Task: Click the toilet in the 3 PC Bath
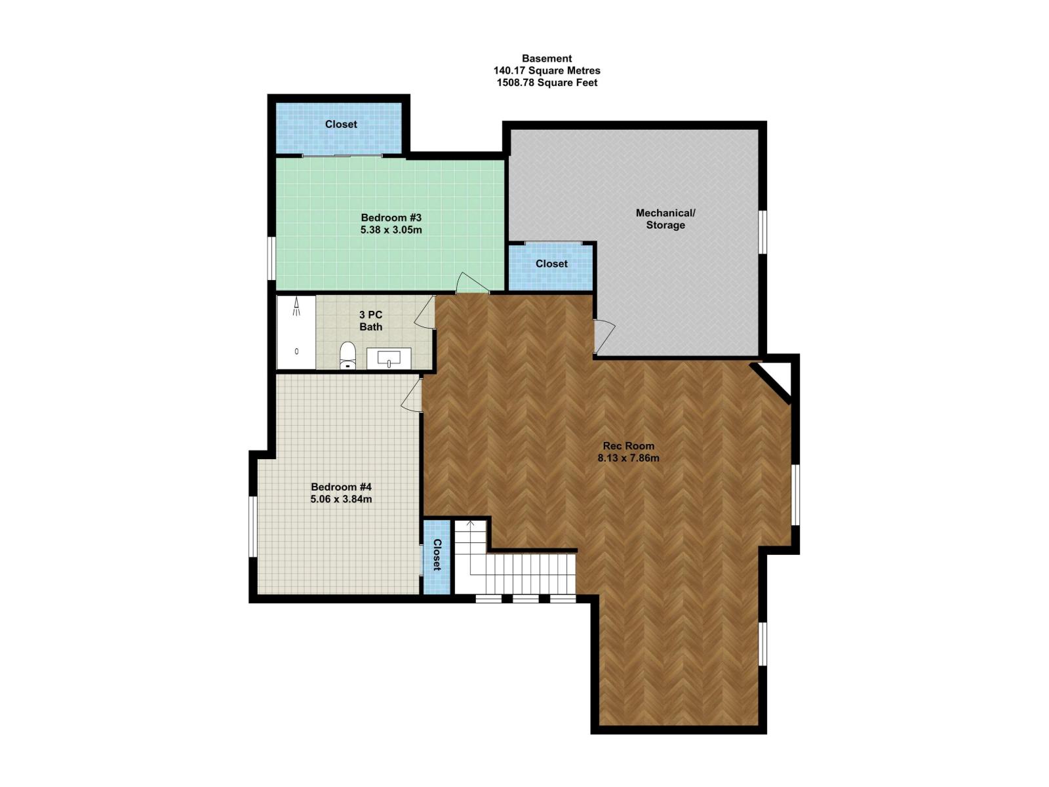pyautogui.click(x=347, y=355)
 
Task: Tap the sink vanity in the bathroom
pyautogui.click(x=389, y=358)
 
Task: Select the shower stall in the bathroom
pyautogui.click(x=296, y=333)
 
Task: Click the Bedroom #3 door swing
pyautogui.click(x=470, y=283)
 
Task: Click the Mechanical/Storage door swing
pyautogui.click(x=604, y=336)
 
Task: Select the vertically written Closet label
pyautogui.click(x=437, y=555)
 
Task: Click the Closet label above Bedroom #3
pyautogui.click(x=341, y=124)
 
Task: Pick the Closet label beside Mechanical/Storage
pyautogui.click(x=551, y=264)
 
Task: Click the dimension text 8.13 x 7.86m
pyautogui.click(x=628, y=458)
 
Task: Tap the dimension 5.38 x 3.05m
pyautogui.click(x=391, y=230)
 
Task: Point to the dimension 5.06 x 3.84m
pyautogui.click(x=341, y=499)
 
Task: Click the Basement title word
pyautogui.click(x=547, y=58)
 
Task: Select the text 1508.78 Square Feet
pyautogui.click(x=547, y=83)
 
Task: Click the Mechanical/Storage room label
pyautogui.click(x=665, y=219)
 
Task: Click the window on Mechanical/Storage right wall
pyautogui.click(x=762, y=232)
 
